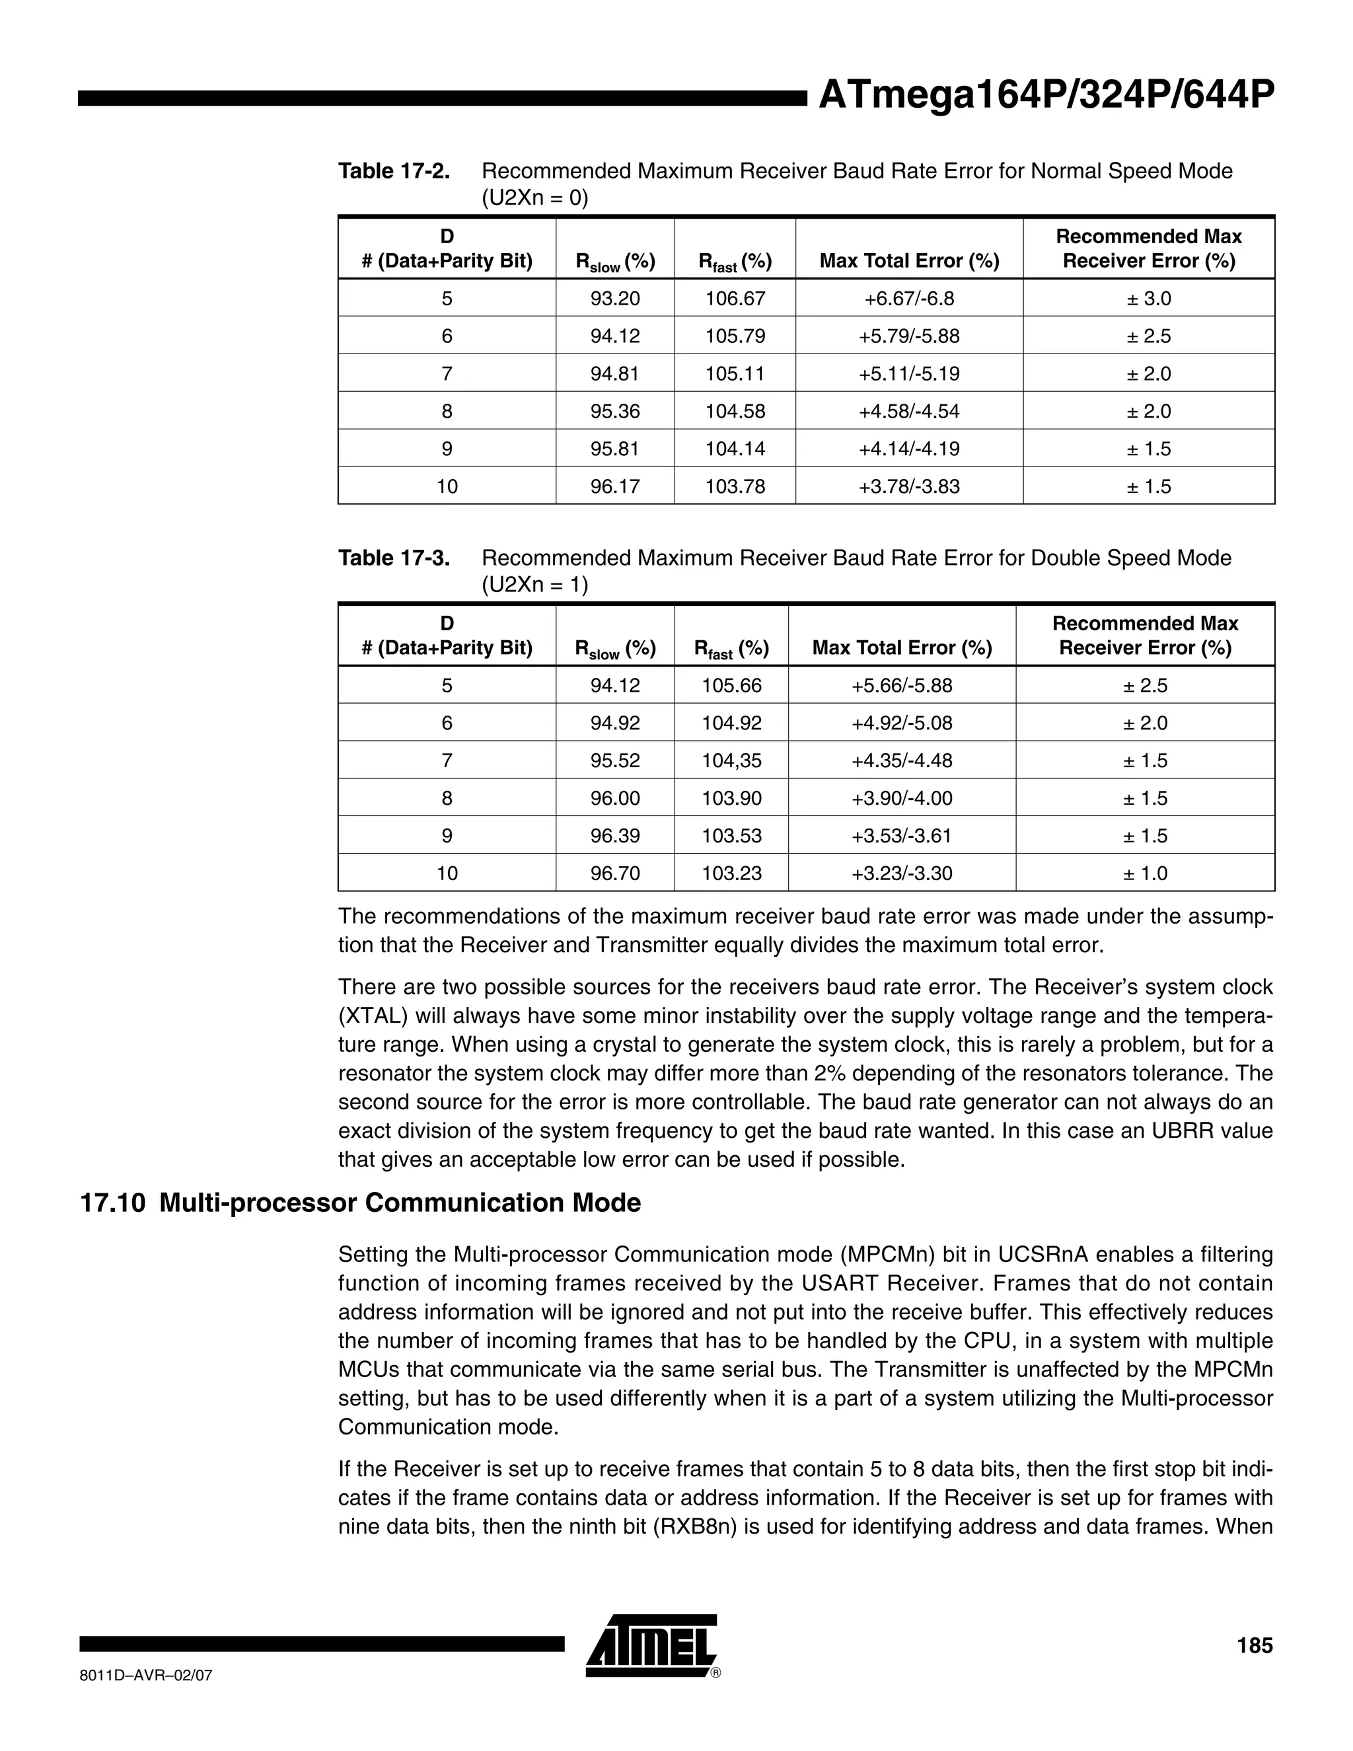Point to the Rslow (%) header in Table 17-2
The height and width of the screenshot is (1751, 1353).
(x=615, y=262)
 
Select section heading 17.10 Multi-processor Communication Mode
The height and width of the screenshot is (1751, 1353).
(x=361, y=1203)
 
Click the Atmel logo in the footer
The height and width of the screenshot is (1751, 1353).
(x=651, y=1645)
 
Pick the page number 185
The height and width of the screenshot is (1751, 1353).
(x=1255, y=1646)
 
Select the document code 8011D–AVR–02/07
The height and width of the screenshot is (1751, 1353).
(x=146, y=1676)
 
